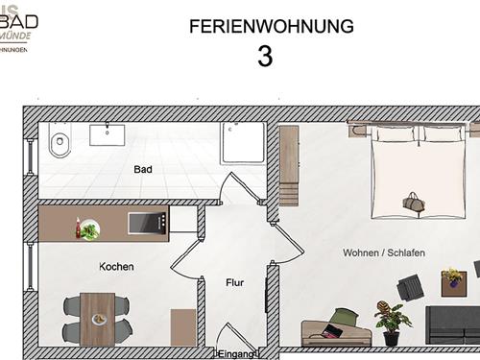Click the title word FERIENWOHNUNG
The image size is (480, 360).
(265, 25)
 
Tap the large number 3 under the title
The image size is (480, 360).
(265, 56)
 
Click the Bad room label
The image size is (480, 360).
(144, 169)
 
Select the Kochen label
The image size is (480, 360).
(116, 266)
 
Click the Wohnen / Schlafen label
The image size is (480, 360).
(384, 252)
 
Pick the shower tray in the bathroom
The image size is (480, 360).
(243, 143)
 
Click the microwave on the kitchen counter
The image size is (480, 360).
(141, 223)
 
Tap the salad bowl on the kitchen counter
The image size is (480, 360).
(90, 230)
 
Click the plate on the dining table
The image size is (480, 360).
(97, 319)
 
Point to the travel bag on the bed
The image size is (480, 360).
(417, 204)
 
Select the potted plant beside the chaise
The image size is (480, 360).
(391, 321)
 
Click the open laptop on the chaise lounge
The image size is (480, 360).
(329, 332)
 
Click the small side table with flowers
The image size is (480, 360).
(451, 280)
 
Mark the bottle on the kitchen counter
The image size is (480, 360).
(78, 227)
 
